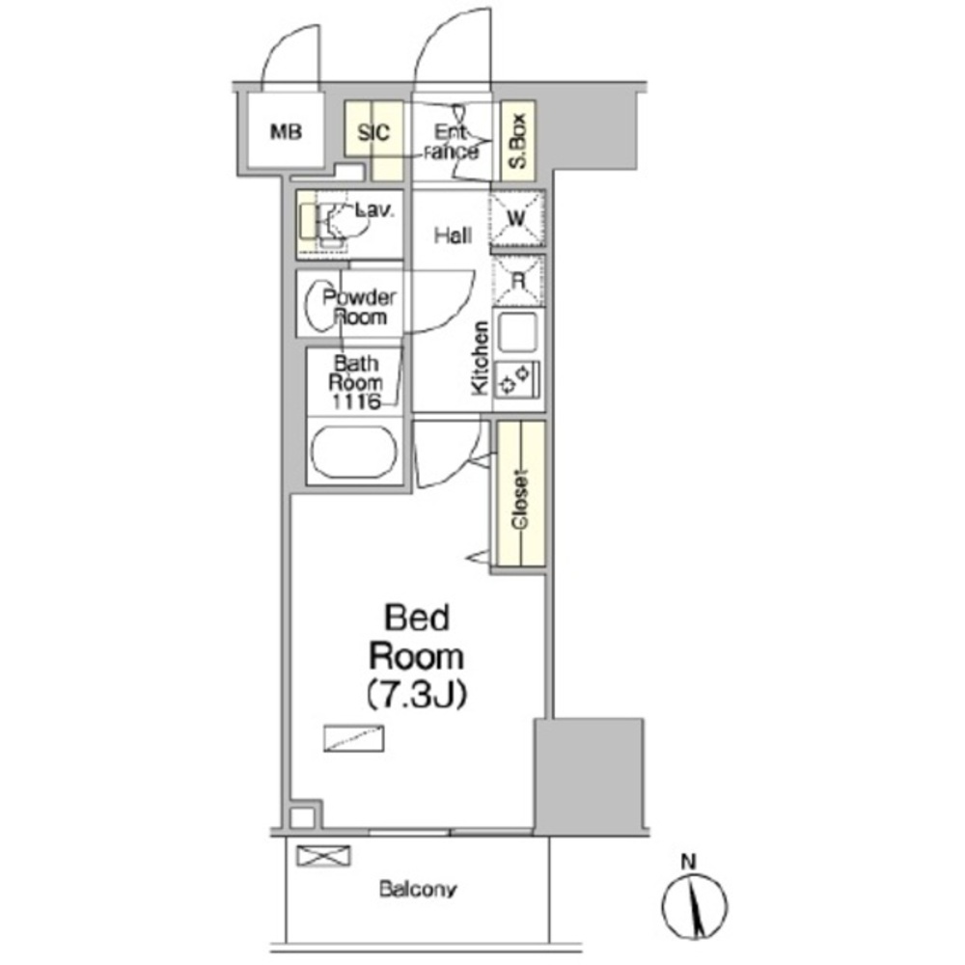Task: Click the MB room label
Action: pyautogui.click(x=287, y=131)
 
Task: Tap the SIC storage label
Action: pyautogui.click(x=373, y=132)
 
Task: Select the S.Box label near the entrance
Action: pyautogui.click(x=518, y=141)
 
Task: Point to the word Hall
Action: pyautogui.click(x=453, y=235)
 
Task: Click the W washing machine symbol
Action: pyautogui.click(x=517, y=219)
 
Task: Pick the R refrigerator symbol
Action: pyautogui.click(x=519, y=281)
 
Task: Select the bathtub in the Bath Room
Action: pyautogui.click(x=354, y=452)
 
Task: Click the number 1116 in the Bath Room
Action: pyautogui.click(x=355, y=401)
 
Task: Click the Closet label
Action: pyautogui.click(x=521, y=499)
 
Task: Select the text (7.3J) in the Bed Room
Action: pyautogui.click(x=417, y=694)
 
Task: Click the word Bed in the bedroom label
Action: pyautogui.click(x=417, y=618)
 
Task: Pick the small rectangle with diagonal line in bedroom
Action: pyautogui.click(x=354, y=738)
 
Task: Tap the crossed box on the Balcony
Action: pyautogui.click(x=323, y=855)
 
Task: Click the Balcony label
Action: pyautogui.click(x=418, y=890)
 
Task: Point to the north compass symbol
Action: pyautogui.click(x=694, y=906)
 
